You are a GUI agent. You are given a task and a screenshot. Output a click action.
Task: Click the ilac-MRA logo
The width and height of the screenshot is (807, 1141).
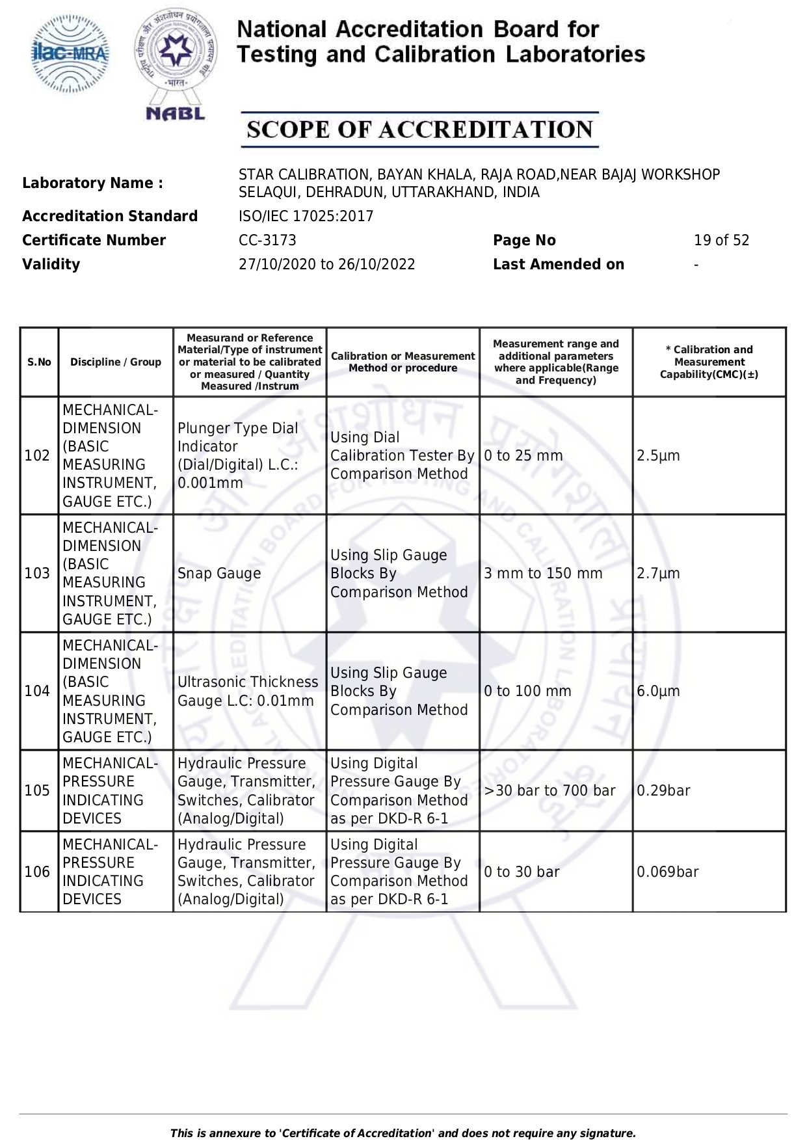[x=71, y=54]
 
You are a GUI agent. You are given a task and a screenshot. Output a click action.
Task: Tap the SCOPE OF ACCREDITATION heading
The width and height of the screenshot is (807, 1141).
[x=419, y=129]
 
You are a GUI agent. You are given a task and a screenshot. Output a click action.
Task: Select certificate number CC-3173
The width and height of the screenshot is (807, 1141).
[x=267, y=241]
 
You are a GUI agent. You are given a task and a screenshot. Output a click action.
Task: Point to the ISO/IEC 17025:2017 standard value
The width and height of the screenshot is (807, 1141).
[x=306, y=216]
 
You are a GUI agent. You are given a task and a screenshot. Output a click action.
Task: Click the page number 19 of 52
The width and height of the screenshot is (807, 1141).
[x=721, y=241]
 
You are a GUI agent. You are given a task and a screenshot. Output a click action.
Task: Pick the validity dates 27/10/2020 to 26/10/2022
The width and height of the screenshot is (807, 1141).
[x=326, y=265]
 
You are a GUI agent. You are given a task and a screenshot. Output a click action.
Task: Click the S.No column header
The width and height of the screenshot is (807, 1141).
[x=39, y=362]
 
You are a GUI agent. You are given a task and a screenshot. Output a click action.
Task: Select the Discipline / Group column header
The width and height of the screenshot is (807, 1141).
[x=116, y=362]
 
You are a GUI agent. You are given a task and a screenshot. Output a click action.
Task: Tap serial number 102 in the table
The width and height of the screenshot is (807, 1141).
[x=37, y=455]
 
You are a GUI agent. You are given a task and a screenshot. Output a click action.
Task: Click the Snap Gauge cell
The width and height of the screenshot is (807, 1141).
[x=219, y=574]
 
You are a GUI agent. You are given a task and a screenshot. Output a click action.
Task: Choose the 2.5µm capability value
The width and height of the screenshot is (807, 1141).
[x=658, y=455]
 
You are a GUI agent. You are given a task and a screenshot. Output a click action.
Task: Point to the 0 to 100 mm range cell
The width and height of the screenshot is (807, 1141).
[x=527, y=691]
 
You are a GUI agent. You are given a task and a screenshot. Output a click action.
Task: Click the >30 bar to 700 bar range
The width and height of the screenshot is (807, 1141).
[x=549, y=791]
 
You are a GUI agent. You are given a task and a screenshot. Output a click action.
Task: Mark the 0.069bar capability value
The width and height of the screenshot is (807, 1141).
[x=667, y=872]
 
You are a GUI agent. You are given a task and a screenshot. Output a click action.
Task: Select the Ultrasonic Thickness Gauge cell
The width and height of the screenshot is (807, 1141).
[x=248, y=691]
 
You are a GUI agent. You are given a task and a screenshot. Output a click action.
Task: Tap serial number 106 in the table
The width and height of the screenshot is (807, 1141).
[x=37, y=872]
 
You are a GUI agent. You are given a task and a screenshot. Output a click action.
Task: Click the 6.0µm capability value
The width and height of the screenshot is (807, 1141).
[x=658, y=691]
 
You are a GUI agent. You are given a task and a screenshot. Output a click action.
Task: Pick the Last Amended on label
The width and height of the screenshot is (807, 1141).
[x=558, y=265]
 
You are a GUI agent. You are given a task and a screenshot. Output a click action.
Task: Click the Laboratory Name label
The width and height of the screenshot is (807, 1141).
[x=92, y=183]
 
